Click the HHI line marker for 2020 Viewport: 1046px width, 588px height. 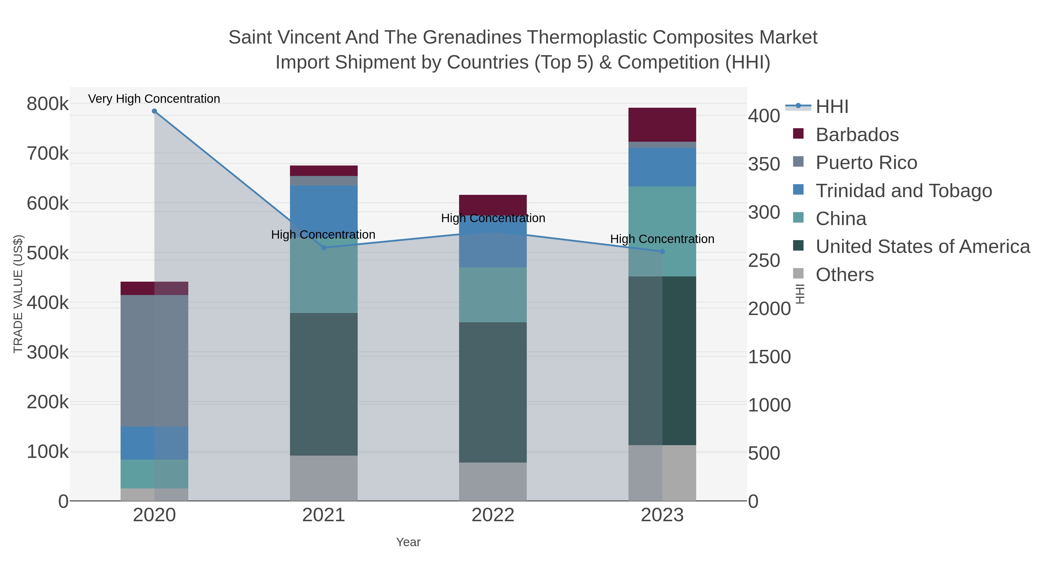[154, 111]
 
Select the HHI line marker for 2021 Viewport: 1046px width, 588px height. [324, 247]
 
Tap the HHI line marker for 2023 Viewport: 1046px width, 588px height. [662, 251]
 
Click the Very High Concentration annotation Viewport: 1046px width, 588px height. [154, 99]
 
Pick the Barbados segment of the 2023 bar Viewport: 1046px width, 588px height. [662, 125]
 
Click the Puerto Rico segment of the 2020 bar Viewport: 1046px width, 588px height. [154, 360]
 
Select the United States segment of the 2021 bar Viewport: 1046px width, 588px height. [324, 384]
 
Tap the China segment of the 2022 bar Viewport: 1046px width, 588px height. [493, 295]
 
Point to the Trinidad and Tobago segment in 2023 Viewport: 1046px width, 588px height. [662, 167]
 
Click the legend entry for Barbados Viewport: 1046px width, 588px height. [857, 135]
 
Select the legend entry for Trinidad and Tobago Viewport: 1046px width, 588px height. [903, 191]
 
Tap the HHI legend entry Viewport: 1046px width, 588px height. [832, 107]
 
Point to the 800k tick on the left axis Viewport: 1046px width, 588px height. [48, 104]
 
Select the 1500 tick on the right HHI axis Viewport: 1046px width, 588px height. [769, 357]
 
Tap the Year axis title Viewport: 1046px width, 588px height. [408, 542]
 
